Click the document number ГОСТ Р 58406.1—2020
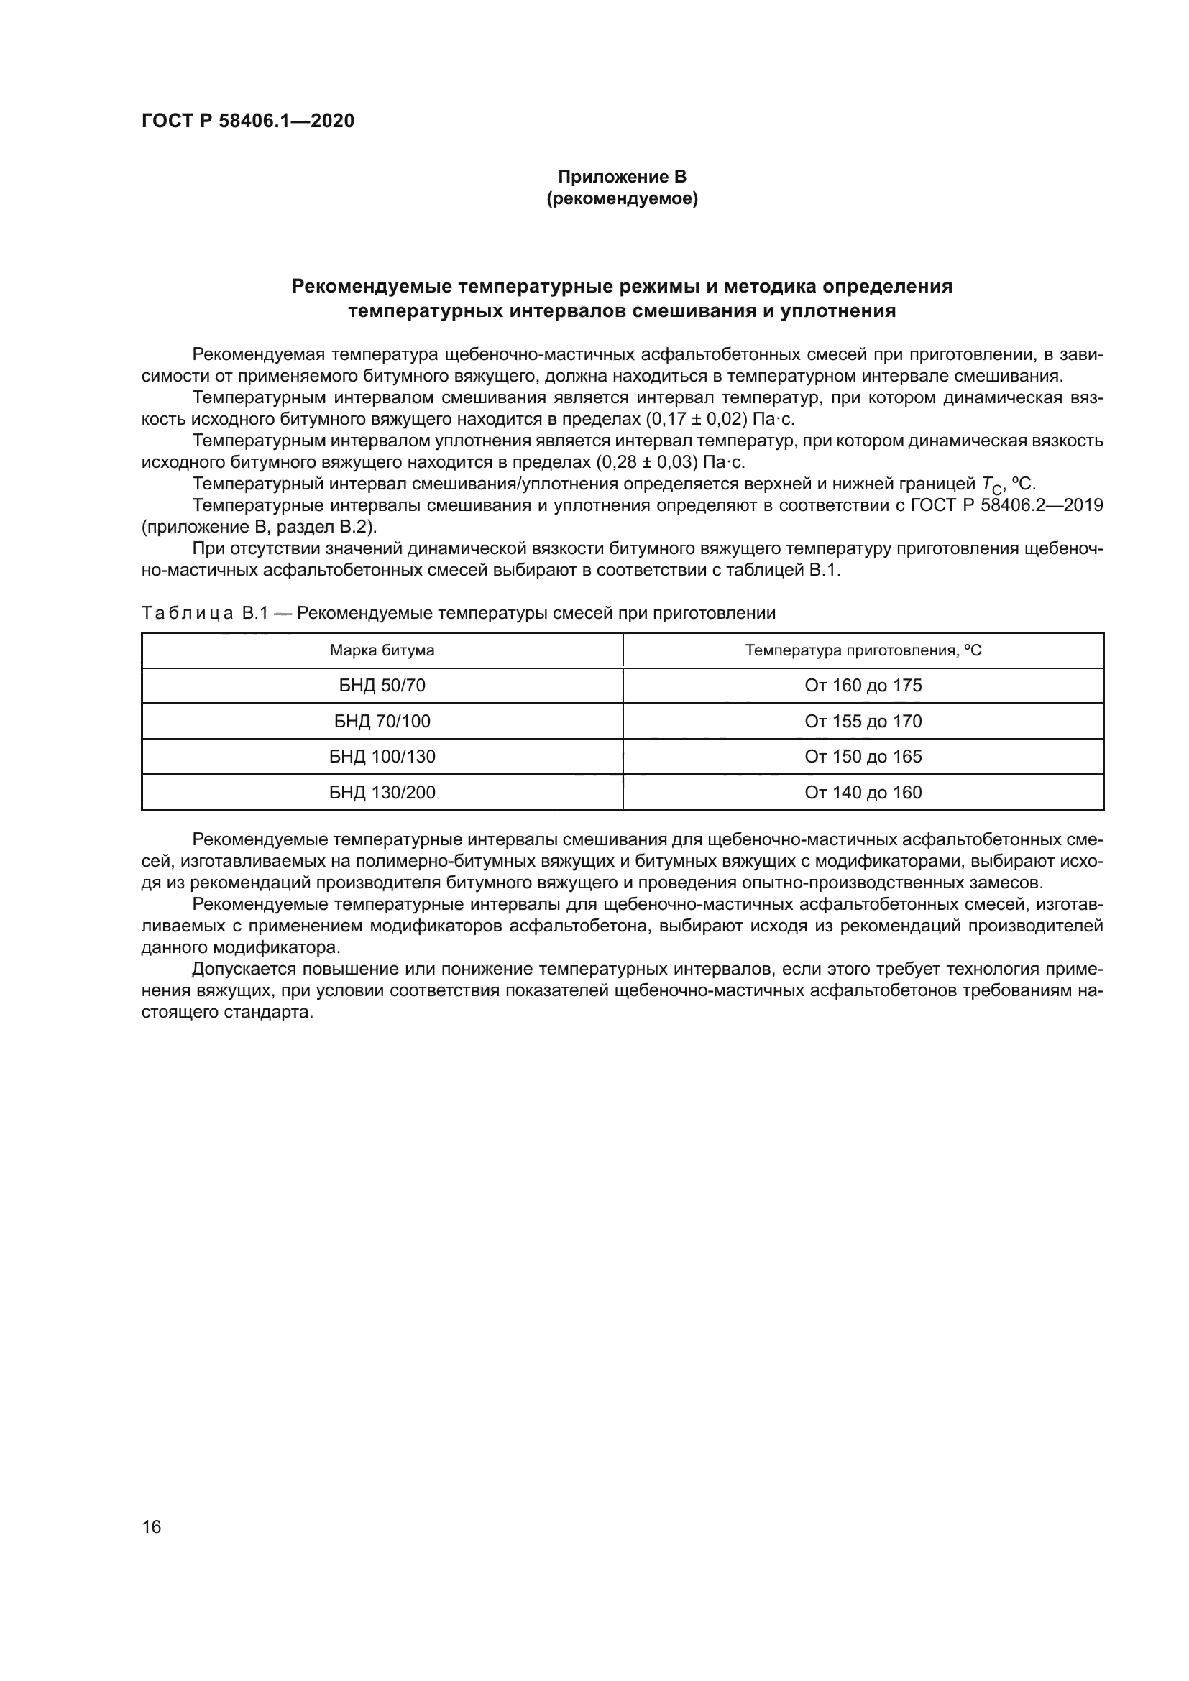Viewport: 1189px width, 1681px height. click(247, 121)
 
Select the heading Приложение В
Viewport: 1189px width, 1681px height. click(623, 177)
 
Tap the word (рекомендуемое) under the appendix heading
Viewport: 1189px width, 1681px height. click(623, 198)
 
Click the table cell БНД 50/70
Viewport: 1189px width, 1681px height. click(382, 686)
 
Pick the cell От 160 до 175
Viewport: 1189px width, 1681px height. click(863, 686)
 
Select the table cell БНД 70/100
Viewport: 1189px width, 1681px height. click(382, 721)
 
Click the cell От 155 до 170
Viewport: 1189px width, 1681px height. click(863, 721)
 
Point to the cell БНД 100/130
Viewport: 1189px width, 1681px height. click(382, 756)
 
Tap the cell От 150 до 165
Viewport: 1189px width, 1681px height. click(863, 756)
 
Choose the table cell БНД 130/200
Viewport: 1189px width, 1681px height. click(382, 792)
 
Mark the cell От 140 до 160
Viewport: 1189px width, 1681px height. click(863, 792)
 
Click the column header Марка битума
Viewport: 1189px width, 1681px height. click(382, 650)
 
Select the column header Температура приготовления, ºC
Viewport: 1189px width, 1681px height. click(863, 650)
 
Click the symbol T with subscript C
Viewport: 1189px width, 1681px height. click(989, 484)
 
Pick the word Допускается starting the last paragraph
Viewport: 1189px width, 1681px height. click(240, 970)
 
